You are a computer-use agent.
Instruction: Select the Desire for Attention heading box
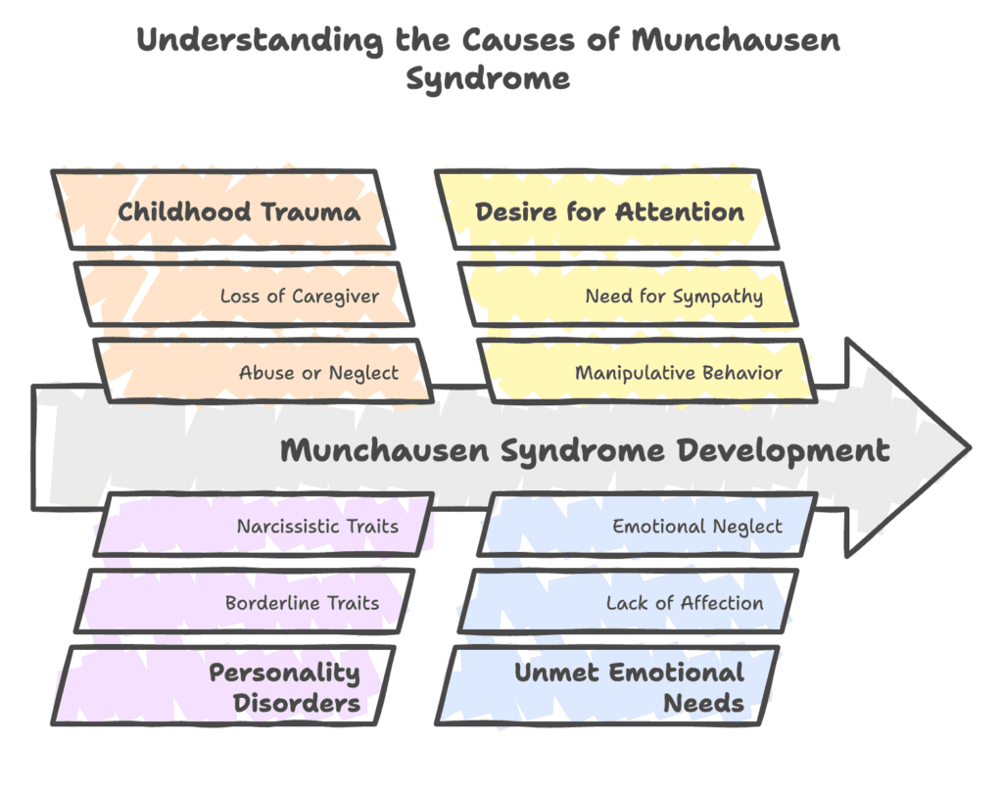[608, 211]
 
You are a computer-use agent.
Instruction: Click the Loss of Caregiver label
[299, 296]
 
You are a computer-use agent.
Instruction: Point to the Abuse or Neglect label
[318, 373]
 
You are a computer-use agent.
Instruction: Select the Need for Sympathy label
[674, 296]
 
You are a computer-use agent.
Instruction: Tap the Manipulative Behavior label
[679, 373]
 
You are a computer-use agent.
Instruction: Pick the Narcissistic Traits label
[317, 527]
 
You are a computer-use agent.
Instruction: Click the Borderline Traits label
[302, 603]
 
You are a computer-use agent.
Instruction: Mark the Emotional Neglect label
[697, 527]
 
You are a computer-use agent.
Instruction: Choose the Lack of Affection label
[685, 603]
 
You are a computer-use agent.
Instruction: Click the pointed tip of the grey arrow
[966, 449]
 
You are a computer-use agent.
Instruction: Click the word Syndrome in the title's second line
[488, 78]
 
